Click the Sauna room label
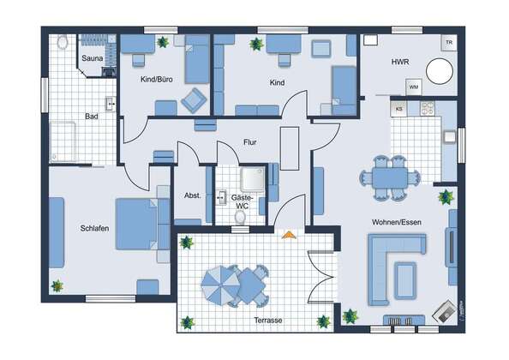[x=93, y=58]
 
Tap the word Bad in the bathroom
[x=92, y=117]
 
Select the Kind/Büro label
[x=157, y=79]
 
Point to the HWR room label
[x=400, y=62]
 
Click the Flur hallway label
[x=250, y=142]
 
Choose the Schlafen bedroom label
[x=94, y=229]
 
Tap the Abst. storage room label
[x=193, y=195]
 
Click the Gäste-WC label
[x=242, y=201]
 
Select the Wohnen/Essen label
[x=397, y=222]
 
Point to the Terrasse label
[x=268, y=321]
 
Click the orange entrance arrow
[x=289, y=235]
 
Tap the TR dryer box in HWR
[x=449, y=43]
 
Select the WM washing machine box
[x=414, y=87]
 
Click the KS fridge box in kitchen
[x=399, y=109]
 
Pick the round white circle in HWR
[x=440, y=71]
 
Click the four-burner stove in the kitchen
[x=428, y=109]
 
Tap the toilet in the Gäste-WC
[x=240, y=217]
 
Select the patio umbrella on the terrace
[x=221, y=285]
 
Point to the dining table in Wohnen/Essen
[x=390, y=178]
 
